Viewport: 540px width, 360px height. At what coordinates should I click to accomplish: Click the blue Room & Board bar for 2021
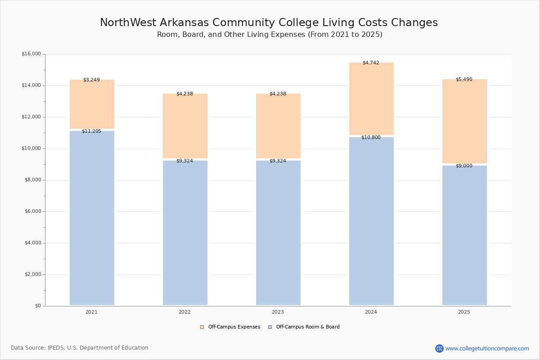92,218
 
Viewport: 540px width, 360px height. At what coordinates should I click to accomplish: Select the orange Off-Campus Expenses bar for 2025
464,121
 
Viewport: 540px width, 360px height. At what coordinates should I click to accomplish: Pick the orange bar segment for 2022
185,126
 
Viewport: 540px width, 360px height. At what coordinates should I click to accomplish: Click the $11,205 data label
91,131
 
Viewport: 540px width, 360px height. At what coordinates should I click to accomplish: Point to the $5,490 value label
464,80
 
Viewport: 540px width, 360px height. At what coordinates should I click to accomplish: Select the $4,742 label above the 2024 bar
371,63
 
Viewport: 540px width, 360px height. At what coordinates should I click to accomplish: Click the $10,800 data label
371,138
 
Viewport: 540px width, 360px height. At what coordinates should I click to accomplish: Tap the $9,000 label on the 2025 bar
464,166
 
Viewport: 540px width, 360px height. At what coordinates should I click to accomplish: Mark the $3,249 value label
91,80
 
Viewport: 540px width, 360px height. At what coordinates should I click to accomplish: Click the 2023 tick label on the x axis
278,312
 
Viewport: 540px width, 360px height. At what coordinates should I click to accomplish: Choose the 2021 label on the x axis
91,312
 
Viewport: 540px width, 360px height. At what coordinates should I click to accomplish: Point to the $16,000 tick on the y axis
31,54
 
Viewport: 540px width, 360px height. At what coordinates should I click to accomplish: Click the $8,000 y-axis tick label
32,180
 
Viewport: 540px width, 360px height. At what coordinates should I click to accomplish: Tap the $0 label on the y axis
37,306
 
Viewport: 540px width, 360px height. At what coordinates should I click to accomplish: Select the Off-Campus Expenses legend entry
230,327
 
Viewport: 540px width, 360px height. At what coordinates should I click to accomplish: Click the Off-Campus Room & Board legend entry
304,327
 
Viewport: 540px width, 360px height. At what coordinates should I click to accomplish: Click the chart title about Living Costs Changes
269,23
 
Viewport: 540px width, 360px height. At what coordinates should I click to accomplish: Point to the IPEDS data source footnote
80,348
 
